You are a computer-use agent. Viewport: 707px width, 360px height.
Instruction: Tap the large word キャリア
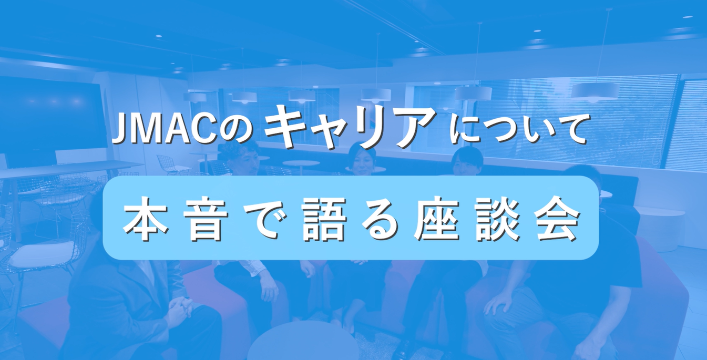(x=350, y=126)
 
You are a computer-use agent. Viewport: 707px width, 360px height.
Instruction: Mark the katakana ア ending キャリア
(x=415, y=126)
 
